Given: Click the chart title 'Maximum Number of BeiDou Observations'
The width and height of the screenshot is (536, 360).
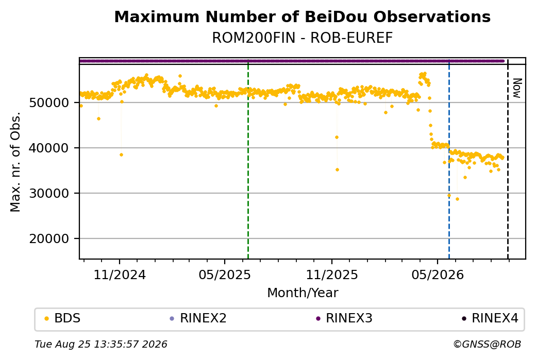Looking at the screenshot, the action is pos(302,16).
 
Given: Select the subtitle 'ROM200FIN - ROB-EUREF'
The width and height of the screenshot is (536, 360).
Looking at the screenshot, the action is pos(302,38).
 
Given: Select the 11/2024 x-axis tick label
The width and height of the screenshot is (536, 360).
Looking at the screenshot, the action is pos(120,275).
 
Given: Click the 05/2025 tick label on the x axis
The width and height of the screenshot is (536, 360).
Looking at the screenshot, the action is pos(225,275).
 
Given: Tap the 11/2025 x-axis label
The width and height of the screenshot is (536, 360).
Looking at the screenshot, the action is pos(331,275).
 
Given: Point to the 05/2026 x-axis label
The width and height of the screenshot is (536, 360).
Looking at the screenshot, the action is pos(438,275).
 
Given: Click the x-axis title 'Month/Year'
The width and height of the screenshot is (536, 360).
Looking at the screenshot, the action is pos(303,293).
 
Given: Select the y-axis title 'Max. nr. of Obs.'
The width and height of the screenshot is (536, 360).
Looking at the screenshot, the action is pos(15,162).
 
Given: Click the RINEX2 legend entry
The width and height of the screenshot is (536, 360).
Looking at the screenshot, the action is pos(198,318).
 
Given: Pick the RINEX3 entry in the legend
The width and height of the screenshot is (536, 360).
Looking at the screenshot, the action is pos(344,318).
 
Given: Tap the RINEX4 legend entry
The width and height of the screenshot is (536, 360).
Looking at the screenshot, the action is pos(490,318).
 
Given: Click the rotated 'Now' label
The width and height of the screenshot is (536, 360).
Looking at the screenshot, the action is pos(517,88).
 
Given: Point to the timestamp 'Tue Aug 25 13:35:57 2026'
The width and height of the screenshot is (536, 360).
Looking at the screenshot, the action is pos(101,344).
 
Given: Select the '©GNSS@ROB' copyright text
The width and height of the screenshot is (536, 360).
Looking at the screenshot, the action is pos(487,344).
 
